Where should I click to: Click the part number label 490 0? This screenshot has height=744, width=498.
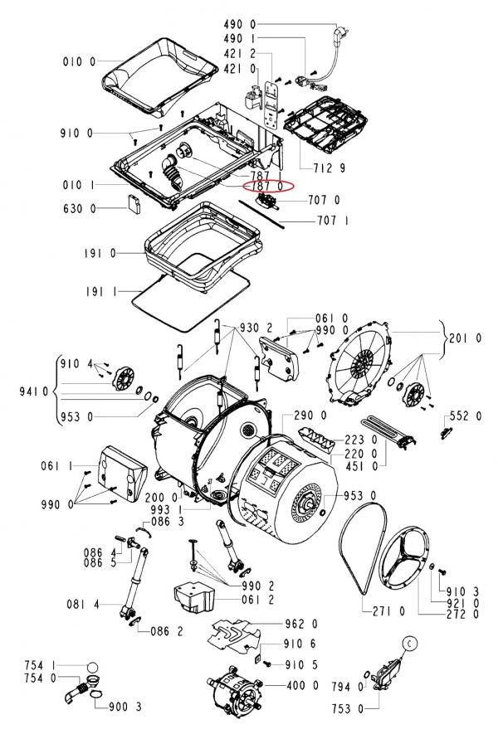click(x=240, y=24)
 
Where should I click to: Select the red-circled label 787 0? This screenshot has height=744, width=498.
click(x=267, y=187)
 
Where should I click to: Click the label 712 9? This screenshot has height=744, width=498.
click(x=330, y=168)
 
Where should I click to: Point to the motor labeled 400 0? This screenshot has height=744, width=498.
click(x=235, y=688)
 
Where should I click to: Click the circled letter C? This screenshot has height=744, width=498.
click(x=410, y=643)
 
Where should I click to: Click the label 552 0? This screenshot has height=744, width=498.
click(x=466, y=416)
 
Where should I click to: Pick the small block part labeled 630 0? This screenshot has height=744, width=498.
click(x=134, y=203)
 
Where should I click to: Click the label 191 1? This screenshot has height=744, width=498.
click(x=100, y=292)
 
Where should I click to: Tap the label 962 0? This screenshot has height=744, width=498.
click(x=301, y=624)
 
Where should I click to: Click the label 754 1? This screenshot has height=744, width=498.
click(x=41, y=665)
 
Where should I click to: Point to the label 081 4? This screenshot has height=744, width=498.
click(x=83, y=605)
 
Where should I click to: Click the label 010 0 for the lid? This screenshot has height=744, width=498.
click(x=79, y=61)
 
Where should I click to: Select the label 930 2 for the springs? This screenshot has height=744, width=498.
click(x=256, y=328)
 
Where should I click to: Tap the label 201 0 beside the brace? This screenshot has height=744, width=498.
click(x=466, y=338)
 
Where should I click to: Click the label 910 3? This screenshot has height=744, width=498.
click(x=463, y=591)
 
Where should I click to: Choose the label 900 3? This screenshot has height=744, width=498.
click(x=125, y=707)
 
